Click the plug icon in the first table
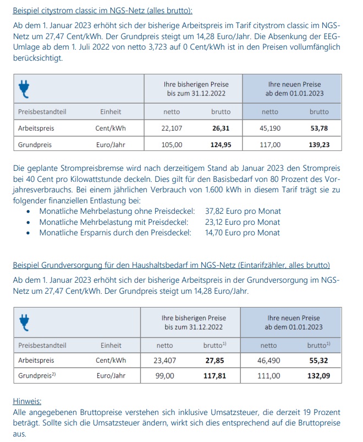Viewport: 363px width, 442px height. (x=24, y=88)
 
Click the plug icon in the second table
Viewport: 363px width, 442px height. (x=24, y=322)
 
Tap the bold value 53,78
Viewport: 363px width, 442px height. (x=318, y=128)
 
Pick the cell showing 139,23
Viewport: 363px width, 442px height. (x=318, y=145)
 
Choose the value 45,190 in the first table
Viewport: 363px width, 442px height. (x=269, y=128)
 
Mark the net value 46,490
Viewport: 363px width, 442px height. (x=268, y=361)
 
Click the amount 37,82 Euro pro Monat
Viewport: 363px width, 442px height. (x=243, y=211)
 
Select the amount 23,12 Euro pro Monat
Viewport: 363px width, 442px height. (x=243, y=222)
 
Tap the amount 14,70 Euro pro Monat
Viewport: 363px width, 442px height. (x=243, y=233)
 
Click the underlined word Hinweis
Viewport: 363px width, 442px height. (x=27, y=402)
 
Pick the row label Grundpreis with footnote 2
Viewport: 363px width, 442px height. (x=37, y=376)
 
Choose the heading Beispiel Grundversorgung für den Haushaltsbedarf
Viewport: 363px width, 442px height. (x=171, y=265)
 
